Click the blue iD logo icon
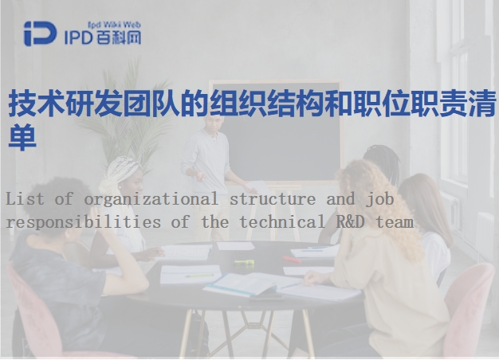click(40, 33)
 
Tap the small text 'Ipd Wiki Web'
click(114, 25)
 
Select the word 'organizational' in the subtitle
click(151, 200)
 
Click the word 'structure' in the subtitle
click(273, 199)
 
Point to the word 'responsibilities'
click(84, 222)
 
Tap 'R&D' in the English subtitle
click(351, 221)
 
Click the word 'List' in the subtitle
click(25, 199)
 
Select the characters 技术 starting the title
click(37, 103)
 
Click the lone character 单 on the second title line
click(22, 137)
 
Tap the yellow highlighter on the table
click(245, 262)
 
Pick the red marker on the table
click(292, 260)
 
